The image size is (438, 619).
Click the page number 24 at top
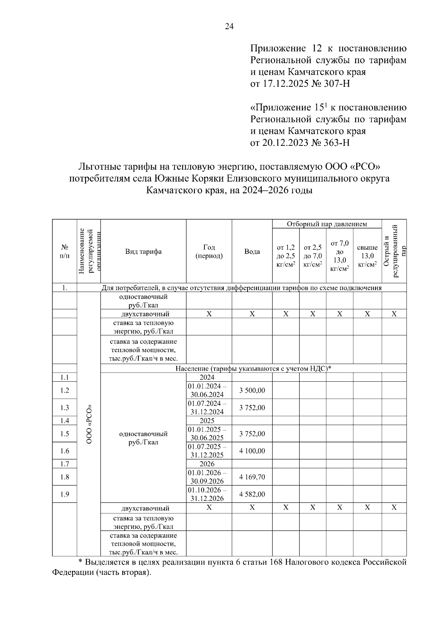(229, 26)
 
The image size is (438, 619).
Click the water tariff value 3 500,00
(252, 390)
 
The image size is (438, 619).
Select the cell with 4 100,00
(252, 451)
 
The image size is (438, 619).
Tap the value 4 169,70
(252, 477)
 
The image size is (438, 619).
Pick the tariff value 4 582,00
(252, 494)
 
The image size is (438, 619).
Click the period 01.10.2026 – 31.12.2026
(207, 494)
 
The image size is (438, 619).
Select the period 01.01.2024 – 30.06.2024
(207, 390)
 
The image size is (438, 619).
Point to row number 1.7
(65, 464)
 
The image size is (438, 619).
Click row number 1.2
(65, 390)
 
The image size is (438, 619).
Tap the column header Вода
(252, 252)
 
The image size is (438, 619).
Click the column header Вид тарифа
(143, 252)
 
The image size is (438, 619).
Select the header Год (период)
(209, 252)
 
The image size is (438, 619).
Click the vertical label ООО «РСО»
(89, 425)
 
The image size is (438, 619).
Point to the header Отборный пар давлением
(327, 224)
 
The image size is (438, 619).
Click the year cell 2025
(207, 421)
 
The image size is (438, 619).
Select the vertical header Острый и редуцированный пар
(394, 252)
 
